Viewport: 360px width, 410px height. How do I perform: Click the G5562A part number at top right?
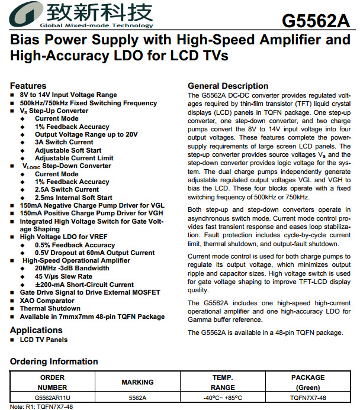316,20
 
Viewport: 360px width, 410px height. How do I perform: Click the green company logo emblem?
24,14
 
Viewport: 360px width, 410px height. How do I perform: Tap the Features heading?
28,86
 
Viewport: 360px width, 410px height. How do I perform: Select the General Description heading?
228,86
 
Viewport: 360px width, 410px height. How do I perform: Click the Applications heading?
36,330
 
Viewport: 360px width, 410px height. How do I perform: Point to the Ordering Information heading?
53,361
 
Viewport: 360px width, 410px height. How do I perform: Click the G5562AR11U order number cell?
52,398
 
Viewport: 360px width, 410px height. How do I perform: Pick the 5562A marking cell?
137,398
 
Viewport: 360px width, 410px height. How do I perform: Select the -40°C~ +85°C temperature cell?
223,398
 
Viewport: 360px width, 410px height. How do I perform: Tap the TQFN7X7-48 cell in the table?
308,398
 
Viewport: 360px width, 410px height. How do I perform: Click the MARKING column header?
137,382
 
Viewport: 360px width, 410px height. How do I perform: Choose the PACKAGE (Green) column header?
308,382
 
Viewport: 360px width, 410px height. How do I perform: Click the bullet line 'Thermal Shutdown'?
50,308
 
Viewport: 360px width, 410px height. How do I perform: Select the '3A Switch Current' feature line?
64,142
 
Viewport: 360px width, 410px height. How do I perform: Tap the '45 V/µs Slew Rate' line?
63,276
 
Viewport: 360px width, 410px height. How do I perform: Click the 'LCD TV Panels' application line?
44,340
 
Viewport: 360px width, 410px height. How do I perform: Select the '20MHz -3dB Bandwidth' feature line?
72,269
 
